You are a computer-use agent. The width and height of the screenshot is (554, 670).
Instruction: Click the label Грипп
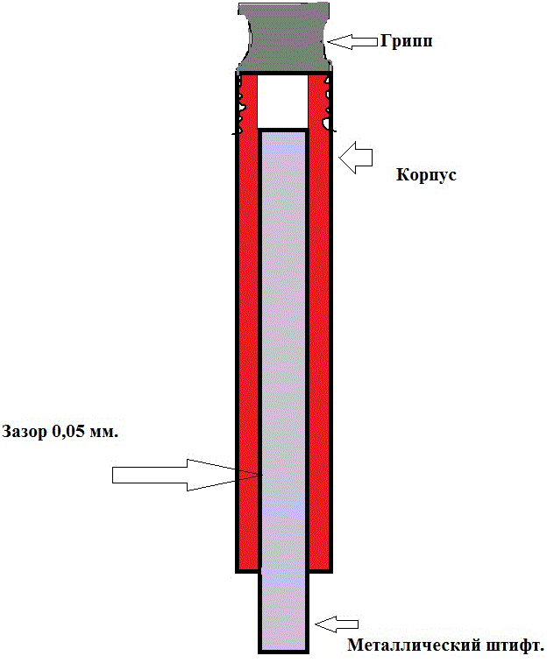pyautogui.click(x=407, y=42)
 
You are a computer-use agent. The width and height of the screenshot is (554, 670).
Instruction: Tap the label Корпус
pyautogui.click(x=426, y=175)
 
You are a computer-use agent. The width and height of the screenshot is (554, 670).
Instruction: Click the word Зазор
pyautogui.click(x=25, y=433)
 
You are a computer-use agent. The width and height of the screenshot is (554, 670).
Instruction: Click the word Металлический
pyautogui.click(x=414, y=645)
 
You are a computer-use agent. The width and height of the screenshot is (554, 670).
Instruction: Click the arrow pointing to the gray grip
pyautogui.click(x=352, y=41)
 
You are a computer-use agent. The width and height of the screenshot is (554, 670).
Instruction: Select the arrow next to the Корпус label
pyautogui.click(x=356, y=159)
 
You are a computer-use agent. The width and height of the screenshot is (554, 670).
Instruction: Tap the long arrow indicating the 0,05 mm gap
pyautogui.click(x=187, y=475)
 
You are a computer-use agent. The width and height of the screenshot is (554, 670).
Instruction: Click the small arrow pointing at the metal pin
pyautogui.click(x=337, y=624)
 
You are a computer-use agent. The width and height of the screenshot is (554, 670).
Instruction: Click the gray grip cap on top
pyautogui.click(x=285, y=37)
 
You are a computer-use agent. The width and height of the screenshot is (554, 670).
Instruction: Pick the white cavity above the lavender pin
pyautogui.click(x=282, y=102)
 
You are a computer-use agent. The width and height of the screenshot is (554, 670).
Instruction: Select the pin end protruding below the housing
pyautogui.click(x=283, y=612)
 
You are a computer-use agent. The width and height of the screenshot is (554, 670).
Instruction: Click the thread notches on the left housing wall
pyautogui.click(x=240, y=104)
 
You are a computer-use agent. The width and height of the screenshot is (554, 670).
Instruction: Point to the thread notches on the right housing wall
pyautogui.click(x=327, y=104)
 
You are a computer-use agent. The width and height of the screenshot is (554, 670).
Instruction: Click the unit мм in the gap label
pyautogui.click(x=103, y=433)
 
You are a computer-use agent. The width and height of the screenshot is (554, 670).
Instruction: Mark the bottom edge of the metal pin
pyautogui.click(x=283, y=652)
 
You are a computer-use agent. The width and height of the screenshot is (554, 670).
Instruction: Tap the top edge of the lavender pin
pyautogui.click(x=283, y=130)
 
